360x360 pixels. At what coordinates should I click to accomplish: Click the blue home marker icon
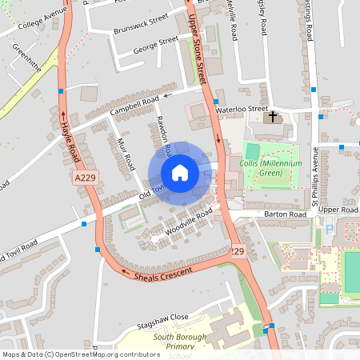click(180, 173)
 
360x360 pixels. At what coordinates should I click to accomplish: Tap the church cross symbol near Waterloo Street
click(273, 118)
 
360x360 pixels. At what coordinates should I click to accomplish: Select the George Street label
click(157, 42)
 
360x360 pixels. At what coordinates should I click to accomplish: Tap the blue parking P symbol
click(329, 230)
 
